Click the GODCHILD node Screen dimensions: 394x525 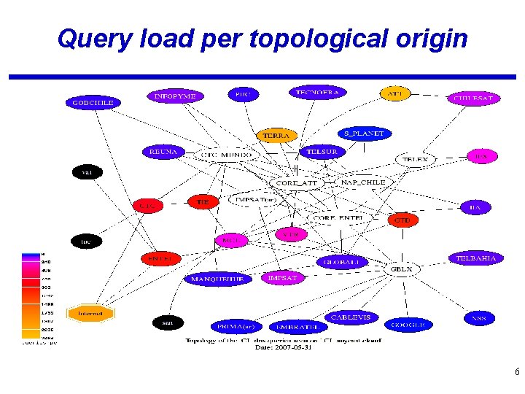[x=93, y=103]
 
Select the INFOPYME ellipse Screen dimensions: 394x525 [x=175, y=96]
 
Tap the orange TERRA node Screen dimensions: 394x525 [x=276, y=136]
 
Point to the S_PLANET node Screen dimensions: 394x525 [x=365, y=134]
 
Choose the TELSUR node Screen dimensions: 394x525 [x=322, y=152]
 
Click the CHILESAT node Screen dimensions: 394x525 [x=473, y=97]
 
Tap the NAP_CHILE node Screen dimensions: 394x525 [x=368, y=182]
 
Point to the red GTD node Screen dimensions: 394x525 [x=402, y=220]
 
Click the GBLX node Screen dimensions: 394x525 [x=401, y=269]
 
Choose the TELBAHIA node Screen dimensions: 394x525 [x=475, y=258]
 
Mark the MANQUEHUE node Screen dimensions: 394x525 [x=217, y=279]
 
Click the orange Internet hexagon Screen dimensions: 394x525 [x=91, y=314]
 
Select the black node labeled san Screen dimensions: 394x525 [x=167, y=322]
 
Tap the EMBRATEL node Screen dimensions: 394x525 [x=297, y=327]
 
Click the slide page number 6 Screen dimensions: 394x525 [x=516, y=372]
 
